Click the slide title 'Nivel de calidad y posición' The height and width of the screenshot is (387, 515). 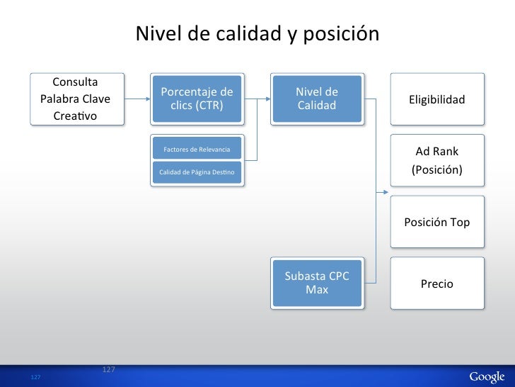pyautogui.click(x=257, y=34)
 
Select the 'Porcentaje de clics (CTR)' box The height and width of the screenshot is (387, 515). pyautogui.click(x=197, y=99)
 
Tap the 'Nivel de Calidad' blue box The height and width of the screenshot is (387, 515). pyautogui.click(x=316, y=99)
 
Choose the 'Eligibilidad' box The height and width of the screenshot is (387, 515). pyautogui.click(x=436, y=99)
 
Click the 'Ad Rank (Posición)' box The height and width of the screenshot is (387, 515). pyautogui.click(x=436, y=161)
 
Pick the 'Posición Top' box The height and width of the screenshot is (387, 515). pyautogui.click(x=436, y=222)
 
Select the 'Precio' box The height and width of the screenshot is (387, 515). pyautogui.click(x=436, y=284)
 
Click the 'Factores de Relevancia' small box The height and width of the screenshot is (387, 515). pyautogui.click(x=197, y=149)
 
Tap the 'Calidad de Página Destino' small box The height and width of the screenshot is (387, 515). pyautogui.click(x=197, y=172)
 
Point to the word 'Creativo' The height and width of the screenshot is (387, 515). pyautogui.click(x=76, y=116)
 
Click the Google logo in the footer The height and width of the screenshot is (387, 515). pyautogui.click(x=486, y=376)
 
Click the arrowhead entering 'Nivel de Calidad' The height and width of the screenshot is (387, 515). pyautogui.click(x=267, y=99)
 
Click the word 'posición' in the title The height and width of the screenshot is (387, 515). pyautogui.click(x=345, y=34)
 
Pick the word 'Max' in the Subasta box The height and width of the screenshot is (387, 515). pyautogui.click(x=316, y=290)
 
